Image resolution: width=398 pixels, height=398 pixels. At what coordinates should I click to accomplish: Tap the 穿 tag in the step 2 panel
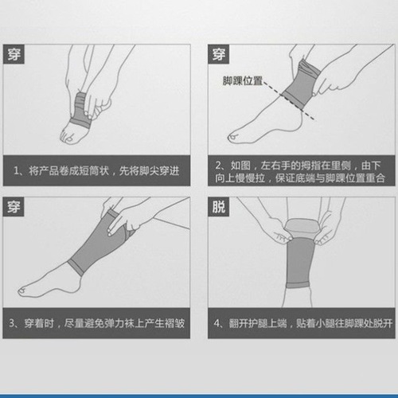coord(220,55)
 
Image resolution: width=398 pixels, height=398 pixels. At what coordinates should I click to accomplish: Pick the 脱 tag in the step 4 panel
coord(220,209)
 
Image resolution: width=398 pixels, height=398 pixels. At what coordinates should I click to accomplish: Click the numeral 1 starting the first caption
coord(18,170)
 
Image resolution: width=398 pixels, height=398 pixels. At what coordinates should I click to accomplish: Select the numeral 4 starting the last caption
coord(219,324)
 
